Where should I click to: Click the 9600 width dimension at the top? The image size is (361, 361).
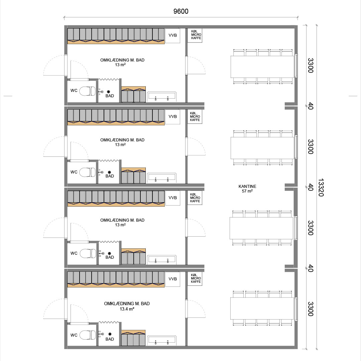point(181,11)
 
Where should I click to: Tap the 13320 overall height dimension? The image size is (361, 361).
point(321,188)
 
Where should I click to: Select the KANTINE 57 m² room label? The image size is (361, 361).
point(247,189)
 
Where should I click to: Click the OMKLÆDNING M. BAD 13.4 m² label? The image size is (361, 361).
point(127,306)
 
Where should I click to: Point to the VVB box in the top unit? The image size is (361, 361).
point(173,35)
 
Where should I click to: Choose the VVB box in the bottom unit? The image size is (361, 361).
point(173,279)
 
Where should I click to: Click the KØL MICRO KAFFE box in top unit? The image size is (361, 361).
point(195,35)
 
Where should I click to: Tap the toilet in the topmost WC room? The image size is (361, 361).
point(88,91)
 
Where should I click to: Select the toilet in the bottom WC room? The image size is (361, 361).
point(88,335)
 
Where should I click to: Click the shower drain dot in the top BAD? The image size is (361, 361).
point(109,92)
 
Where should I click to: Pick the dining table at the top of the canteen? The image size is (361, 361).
point(262,67)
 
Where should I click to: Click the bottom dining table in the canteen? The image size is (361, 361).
point(262,308)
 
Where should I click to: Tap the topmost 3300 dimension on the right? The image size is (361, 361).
point(311,66)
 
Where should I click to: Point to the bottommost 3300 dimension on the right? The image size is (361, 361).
point(311,309)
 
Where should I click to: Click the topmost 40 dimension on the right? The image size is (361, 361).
point(311,106)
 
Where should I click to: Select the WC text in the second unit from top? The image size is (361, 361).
point(74,172)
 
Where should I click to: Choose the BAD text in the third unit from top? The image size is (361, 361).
point(110,257)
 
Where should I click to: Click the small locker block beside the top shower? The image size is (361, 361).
point(133,94)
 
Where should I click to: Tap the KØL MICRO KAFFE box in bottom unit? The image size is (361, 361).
point(195,278)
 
